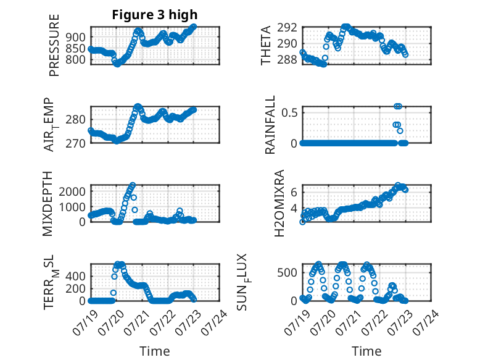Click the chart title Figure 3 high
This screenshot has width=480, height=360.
(155, 15)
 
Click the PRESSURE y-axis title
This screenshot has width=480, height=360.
(54, 45)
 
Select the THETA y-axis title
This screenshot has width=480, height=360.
(266, 46)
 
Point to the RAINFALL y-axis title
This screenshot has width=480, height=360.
(270, 125)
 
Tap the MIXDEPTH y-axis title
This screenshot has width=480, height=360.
(48, 204)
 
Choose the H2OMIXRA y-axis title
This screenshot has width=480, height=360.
(279, 203)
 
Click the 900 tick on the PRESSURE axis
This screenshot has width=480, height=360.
(75, 37)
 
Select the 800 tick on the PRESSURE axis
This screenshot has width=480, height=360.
(75, 59)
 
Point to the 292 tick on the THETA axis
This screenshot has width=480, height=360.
(287, 28)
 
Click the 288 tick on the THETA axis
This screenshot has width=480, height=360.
(287, 59)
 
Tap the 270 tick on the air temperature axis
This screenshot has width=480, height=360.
(75, 143)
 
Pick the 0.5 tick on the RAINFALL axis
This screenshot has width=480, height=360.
(289, 113)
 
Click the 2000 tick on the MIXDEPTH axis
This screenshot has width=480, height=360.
(72, 192)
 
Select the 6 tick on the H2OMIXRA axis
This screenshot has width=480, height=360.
(294, 193)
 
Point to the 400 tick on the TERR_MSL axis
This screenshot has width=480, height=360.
(75, 277)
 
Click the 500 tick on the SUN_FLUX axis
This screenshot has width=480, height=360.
(287, 273)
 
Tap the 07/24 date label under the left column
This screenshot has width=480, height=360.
(214, 322)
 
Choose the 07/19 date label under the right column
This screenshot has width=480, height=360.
(297, 322)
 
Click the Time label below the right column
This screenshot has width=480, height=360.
(366, 351)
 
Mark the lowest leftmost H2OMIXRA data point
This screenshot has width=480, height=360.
(302, 222)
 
